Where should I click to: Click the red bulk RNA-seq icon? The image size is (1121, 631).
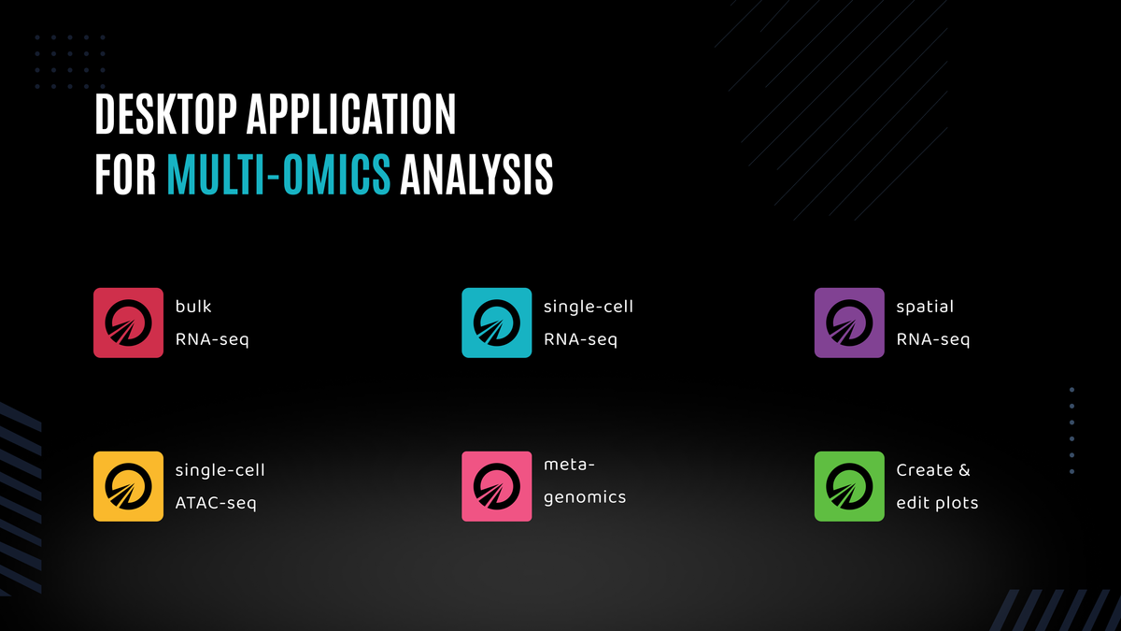128,323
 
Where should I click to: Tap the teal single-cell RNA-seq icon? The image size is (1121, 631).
497,323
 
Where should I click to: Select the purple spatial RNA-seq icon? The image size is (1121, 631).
849,323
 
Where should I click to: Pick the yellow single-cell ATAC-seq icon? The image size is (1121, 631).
128,486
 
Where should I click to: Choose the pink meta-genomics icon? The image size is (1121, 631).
497,486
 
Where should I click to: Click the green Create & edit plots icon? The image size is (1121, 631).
849,486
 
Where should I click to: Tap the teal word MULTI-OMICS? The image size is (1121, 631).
278,175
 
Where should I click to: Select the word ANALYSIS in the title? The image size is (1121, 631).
476,175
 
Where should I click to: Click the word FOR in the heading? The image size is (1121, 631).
125,175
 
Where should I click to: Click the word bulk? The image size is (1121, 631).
194,307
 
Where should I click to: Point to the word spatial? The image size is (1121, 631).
925,307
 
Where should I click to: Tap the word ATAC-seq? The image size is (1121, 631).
216,503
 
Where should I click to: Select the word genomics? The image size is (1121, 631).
585,497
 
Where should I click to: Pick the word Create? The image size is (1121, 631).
925,470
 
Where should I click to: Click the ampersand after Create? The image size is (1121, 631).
964,470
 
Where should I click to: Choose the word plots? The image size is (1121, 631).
955,503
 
